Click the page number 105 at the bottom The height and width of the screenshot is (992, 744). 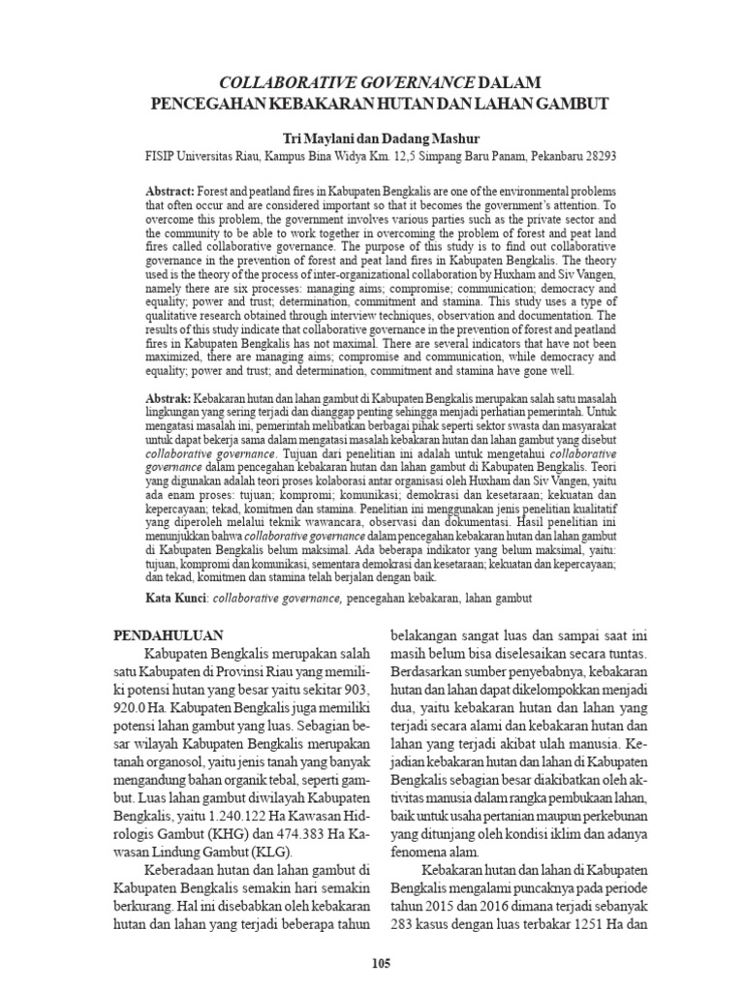click(x=380, y=963)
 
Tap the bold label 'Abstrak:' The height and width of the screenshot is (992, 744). click(x=170, y=398)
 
